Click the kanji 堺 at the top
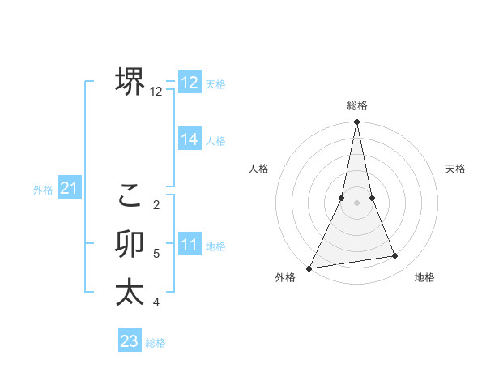(x=130, y=81)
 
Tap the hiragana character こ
(x=130, y=195)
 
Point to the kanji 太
(x=130, y=292)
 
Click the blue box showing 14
(x=190, y=139)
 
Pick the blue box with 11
(x=190, y=245)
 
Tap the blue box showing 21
(x=70, y=189)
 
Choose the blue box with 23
(x=130, y=341)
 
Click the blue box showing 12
(x=190, y=83)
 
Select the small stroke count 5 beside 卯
(x=156, y=254)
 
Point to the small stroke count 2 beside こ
(x=156, y=204)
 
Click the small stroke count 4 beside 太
(x=156, y=302)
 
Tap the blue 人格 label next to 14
(x=215, y=141)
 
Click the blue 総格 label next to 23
(x=156, y=343)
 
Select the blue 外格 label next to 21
(x=43, y=190)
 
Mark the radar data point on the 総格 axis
(x=356, y=122)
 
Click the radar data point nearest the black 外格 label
(x=309, y=268)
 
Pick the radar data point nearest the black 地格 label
(x=395, y=256)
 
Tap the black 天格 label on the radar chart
(x=455, y=169)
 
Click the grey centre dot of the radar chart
(x=356, y=203)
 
